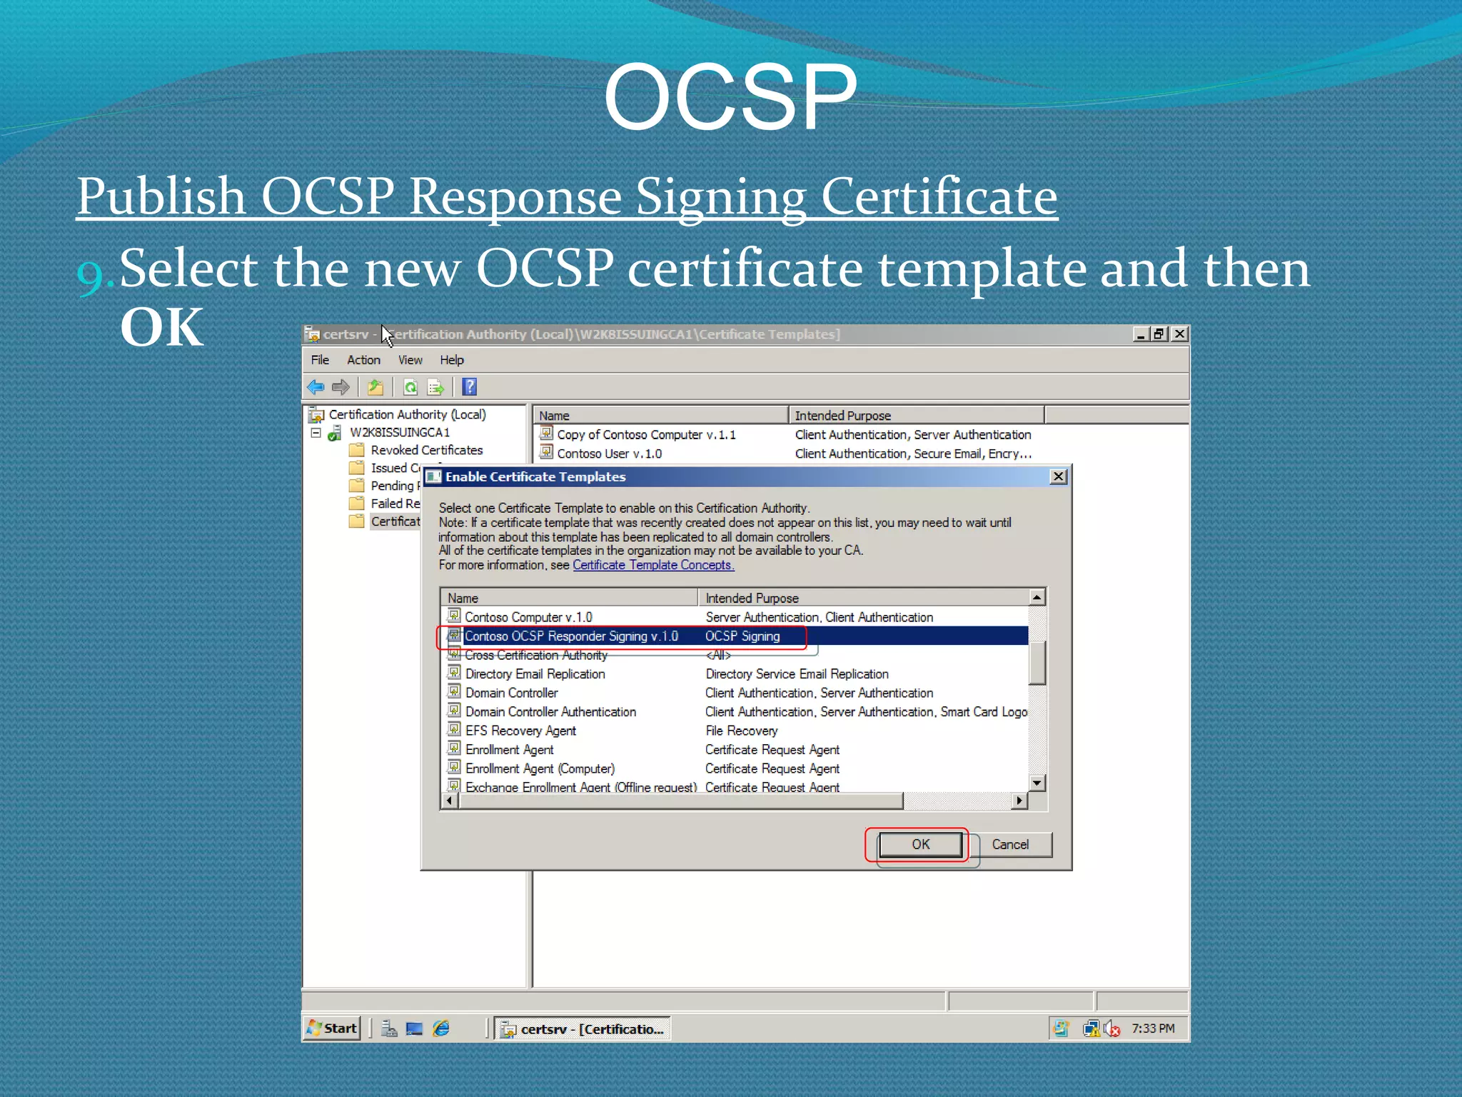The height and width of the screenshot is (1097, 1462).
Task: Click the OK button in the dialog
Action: click(920, 844)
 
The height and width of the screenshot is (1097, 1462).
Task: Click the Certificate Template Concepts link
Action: click(652, 565)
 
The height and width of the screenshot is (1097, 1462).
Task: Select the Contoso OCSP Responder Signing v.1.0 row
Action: click(571, 636)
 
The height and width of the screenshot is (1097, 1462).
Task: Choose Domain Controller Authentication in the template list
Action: click(550, 712)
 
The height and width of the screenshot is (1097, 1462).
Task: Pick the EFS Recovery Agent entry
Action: click(520, 731)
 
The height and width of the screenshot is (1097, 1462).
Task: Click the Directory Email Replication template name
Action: click(535, 674)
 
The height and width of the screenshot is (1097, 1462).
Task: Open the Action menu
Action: click(363, 360)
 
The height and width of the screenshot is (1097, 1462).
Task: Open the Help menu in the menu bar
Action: click(451, 360)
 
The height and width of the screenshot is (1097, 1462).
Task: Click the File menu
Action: click(320, 360)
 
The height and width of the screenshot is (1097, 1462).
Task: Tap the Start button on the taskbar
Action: click(332, 1028)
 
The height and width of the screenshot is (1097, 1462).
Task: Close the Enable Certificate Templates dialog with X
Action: click(1059, 476)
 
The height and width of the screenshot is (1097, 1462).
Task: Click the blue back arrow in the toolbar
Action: click(316, 387)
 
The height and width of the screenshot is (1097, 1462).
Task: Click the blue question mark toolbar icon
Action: click(469, 387)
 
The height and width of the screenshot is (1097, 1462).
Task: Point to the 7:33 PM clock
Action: click(1152, 1028)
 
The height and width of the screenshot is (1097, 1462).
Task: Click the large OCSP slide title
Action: click(730, 96)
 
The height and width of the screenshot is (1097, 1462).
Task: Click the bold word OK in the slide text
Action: click(162, 327)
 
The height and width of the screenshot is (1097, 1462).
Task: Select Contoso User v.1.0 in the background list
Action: click(609, 454)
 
